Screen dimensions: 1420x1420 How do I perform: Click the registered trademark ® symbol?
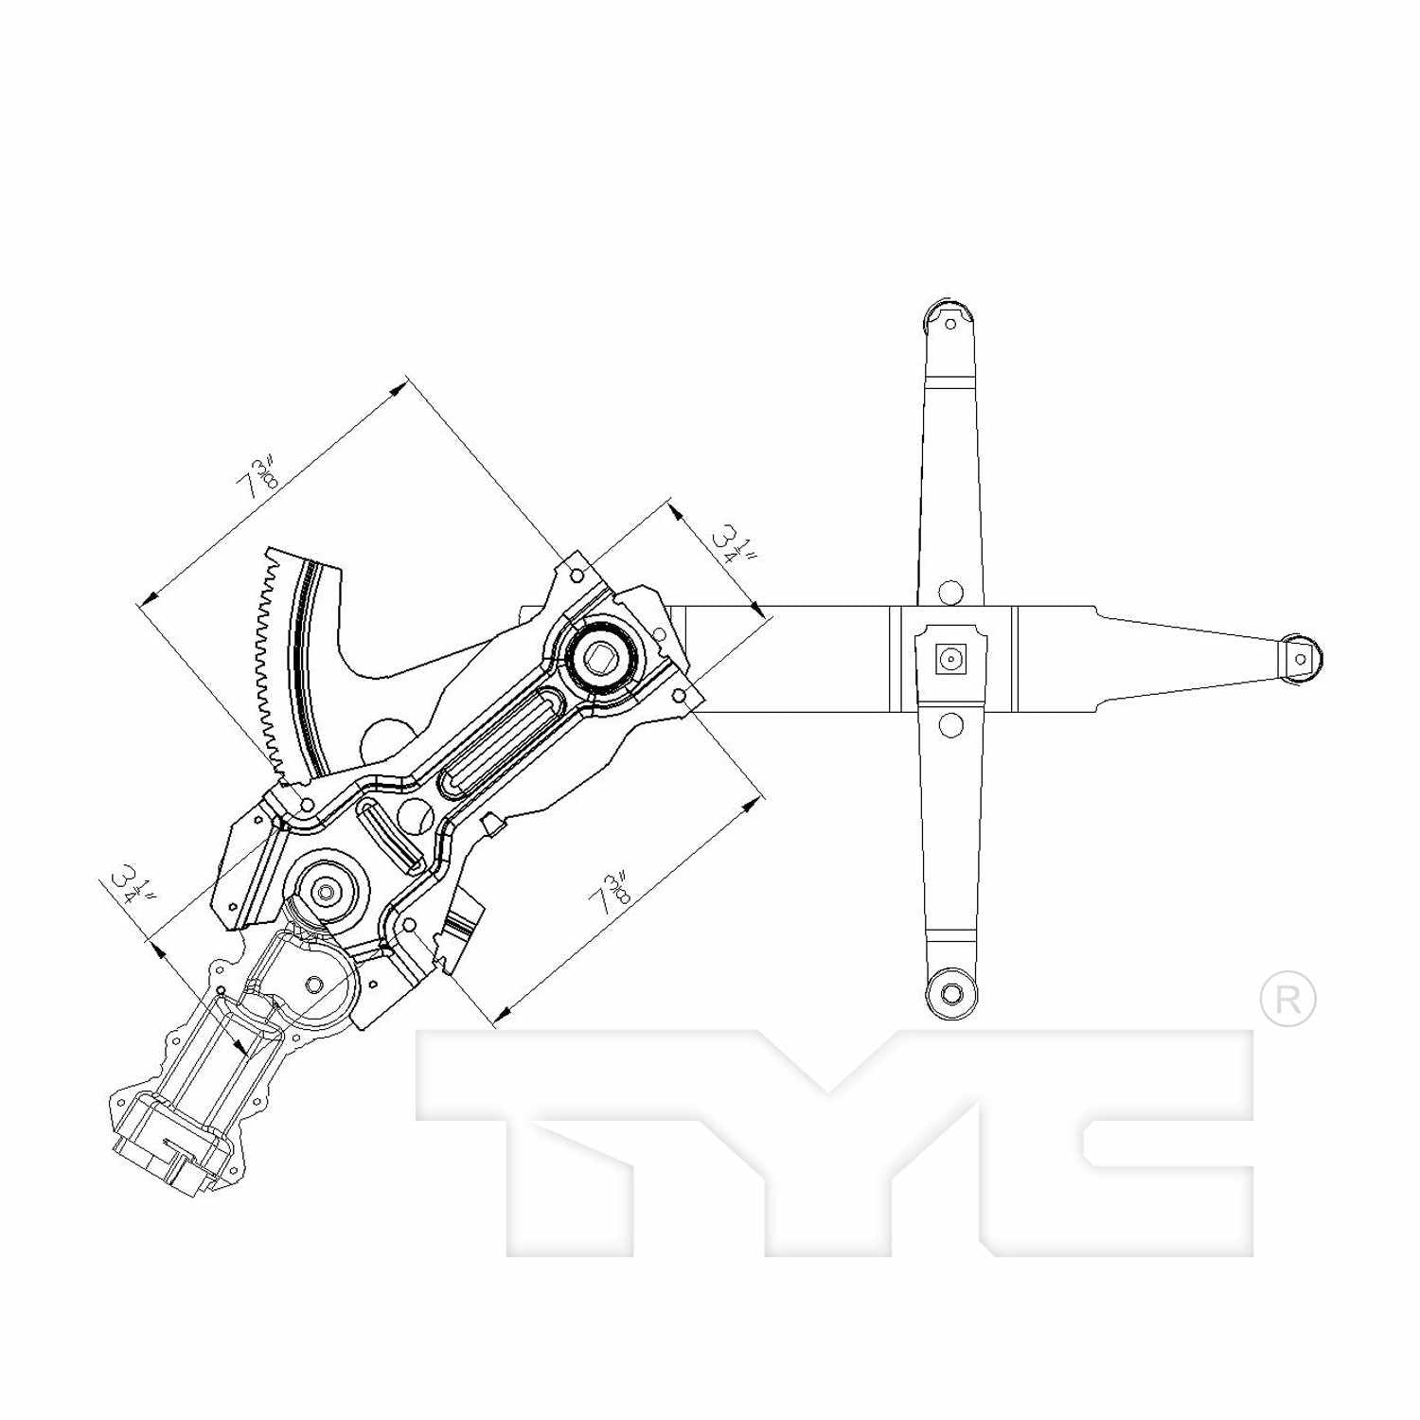tap(1287, 998)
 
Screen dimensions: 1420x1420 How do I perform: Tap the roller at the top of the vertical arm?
tap(949, 319)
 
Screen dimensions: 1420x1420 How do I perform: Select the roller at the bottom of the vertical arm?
tap(950, 994)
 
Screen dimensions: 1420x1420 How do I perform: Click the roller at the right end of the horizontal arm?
tap(1302, 658)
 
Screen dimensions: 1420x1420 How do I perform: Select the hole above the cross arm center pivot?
tap(950, 594)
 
